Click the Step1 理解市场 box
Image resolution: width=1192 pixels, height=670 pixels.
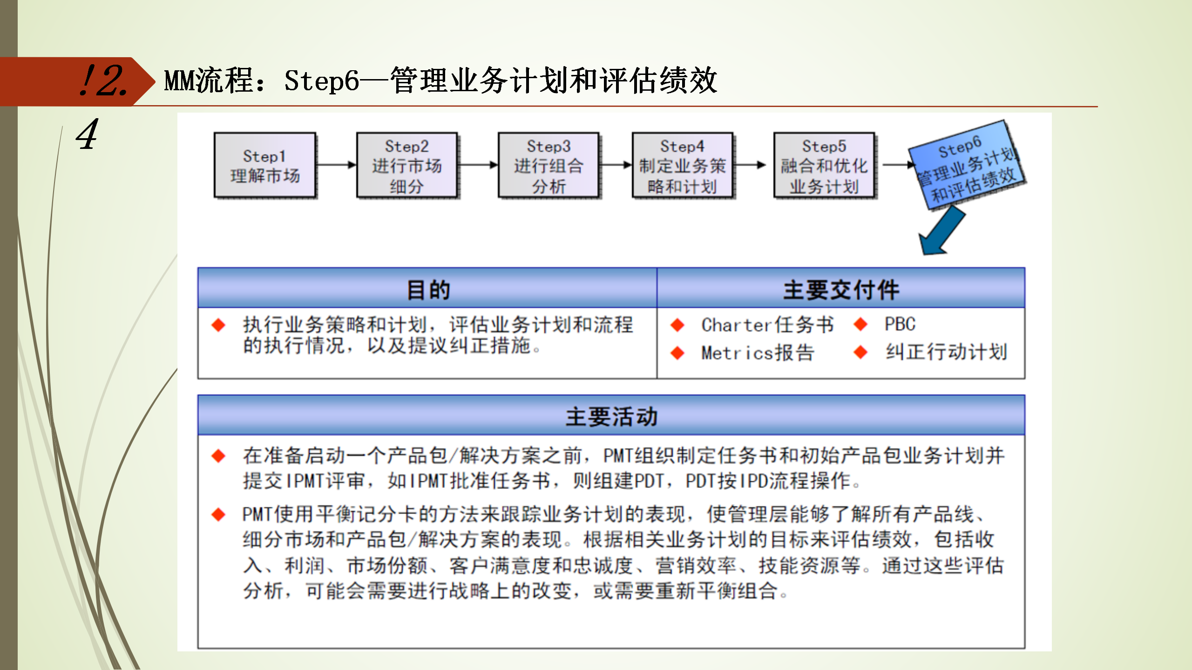coord(264,166)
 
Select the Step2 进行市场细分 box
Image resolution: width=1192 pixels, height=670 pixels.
coord(406,166)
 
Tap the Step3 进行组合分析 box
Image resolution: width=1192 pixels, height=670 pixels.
coord(549,166)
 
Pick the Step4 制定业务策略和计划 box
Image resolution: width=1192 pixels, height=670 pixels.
coord(682,166)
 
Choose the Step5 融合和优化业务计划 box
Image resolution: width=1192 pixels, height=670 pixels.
coord(824,166)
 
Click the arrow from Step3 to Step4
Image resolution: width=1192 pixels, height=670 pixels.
coord(615,165)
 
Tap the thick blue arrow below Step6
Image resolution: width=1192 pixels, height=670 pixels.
coord(941,232)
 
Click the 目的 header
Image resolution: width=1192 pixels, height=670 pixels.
coord(427,289)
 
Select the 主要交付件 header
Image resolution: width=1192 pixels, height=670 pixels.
coord(840,289)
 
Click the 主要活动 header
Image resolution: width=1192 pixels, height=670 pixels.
coord(611,416)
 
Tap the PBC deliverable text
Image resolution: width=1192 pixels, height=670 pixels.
coord(900,324)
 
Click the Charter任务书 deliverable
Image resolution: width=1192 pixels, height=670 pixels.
coord(767,325)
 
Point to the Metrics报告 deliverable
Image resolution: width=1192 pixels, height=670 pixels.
coord(758,353)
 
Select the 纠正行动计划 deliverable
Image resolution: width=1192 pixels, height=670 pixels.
coord(946,352)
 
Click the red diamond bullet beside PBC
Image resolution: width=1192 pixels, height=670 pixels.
coord(860,324)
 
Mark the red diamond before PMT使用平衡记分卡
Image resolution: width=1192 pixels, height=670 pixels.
coord(218,515)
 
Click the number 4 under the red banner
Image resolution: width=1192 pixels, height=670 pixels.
coord(88,135)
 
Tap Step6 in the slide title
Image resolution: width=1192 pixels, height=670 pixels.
coord(321,81)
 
